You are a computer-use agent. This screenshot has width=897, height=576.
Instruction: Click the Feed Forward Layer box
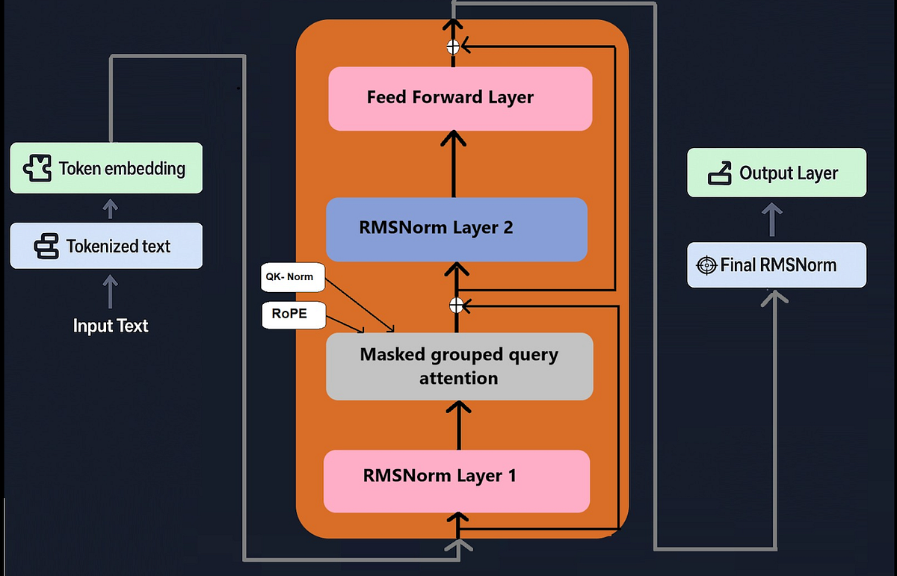[x=460, y=99]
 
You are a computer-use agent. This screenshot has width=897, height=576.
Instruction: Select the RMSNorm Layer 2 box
[x=457, y=229]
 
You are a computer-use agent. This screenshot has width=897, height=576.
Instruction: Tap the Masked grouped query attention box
[x=459, y=366]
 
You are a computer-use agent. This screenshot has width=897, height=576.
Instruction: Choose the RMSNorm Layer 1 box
[x=457, y=481]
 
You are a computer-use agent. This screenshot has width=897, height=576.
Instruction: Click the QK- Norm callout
[x=293, y=277]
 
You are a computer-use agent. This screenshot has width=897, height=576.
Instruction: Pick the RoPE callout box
[x=294, y=315]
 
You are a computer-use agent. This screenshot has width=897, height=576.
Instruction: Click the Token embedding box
[x=106, y=168]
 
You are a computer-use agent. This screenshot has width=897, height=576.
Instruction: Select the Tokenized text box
[x=106, y=246]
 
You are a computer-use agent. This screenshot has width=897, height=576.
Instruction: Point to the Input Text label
[x=111, y=326]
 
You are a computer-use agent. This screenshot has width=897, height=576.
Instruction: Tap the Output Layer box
[x=777, y=173]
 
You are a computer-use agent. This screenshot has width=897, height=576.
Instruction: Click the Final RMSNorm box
[x=777, y=264]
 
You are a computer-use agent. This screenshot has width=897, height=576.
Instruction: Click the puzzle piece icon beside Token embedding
[x=37, y=168]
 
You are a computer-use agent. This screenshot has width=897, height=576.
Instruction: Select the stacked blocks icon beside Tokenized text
[x=46, y=247]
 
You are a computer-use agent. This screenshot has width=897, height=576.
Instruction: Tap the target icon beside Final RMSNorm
[x=706, y=265]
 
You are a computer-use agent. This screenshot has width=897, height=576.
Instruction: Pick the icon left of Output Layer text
[x=720, y=173]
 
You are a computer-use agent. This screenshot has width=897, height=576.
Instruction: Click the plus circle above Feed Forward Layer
[x=453, y=47]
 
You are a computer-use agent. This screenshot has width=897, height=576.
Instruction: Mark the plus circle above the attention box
[x=456, y=306]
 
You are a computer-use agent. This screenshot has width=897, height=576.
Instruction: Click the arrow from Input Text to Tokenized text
[x=110, y=291]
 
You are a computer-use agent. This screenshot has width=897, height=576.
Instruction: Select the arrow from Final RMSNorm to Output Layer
[x=772, y=220]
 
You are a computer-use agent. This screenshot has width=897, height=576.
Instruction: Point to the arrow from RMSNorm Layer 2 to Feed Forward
[x=453, y=164]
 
